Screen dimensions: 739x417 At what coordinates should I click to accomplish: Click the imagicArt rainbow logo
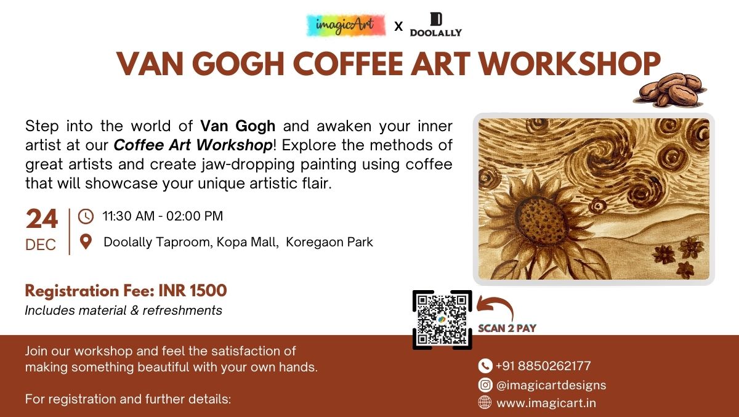pyautogui.click(x=345, y=25)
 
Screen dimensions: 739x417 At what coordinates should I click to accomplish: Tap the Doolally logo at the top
pyautogui.click(x=436, y=25)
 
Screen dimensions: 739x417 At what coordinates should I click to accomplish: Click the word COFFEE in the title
pyautogui.click(x=348, y=63)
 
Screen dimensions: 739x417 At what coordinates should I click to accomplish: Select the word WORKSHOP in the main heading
pyautogui.click(x=570, y=63)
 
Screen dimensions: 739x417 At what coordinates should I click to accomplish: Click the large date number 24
pyautogui.click(x=42, y=219)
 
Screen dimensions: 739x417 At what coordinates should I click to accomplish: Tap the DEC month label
pyautogui.click(x=41, y=245)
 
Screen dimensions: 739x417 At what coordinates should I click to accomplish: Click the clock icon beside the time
pyautogui.click(x=86, y=216)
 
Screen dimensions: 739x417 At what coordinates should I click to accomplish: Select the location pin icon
pyautogui.click(x=86, y=242)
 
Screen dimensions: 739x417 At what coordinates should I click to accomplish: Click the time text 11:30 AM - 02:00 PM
pyautogui.click(x=163, y=216)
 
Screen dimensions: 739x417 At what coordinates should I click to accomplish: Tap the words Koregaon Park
pyautogui.click(x=329, y=242)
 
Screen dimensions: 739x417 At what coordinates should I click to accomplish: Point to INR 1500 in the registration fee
pyautogui.click(x=193, y=291)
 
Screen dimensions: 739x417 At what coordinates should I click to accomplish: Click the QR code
pyautogui.click(x=442, y=320)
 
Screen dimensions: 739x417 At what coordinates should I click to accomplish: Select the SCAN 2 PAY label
pyautogui.click(x=507, y=328)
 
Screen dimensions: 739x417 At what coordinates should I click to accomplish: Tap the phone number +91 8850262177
pyautogui.click(x=543, y=366)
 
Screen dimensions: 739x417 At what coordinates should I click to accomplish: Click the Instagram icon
pyautogui.click(x=485, y=385)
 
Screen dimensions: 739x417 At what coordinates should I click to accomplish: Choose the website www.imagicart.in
pyautogui.click(x=546, y=403)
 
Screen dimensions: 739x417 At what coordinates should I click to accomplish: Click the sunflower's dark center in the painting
pyautogui.click(x=541, y=221)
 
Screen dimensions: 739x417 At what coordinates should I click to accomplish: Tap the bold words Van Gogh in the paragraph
pyautogui.click(x=238, y=126)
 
